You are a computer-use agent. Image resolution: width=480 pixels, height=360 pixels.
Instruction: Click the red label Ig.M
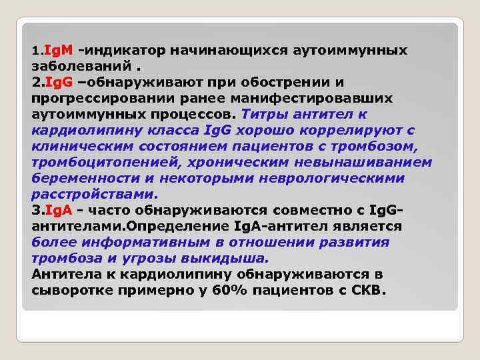(x=59, y=50)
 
